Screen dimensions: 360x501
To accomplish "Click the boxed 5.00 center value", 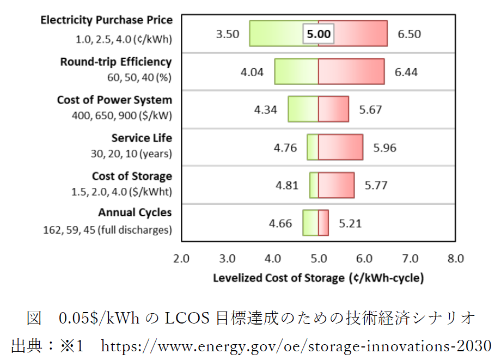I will click(319, 34).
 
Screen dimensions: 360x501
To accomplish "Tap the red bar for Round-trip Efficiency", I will click(351, 71).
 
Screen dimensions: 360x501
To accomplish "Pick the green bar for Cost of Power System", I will click(303, 109).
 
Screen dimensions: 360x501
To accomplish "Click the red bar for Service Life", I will click(340, 147).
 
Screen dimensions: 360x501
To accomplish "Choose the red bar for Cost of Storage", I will click(336, 185).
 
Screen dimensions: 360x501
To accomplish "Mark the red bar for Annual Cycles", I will click(323, 223).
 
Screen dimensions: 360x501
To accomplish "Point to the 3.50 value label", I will click(228, 34).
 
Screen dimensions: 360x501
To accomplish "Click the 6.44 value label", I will click(406, 71).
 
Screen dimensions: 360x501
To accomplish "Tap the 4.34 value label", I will click(266, 109).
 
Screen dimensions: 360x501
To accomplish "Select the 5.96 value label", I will click(384, 148).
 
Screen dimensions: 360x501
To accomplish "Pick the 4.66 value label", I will click(280, 223).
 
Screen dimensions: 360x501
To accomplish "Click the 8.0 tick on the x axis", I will click(455, 259).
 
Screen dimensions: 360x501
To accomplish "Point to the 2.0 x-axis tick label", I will click(181, 259).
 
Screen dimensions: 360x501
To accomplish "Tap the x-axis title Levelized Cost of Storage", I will click(318, 278).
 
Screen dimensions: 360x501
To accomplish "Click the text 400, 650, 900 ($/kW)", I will click(121, 115).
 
